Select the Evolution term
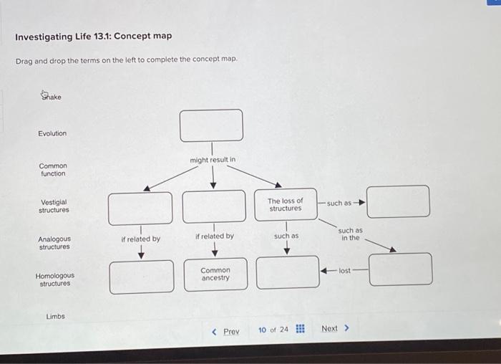(52, 133)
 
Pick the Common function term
(53, 169)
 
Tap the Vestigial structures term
(54, 206)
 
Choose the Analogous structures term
(54, 243)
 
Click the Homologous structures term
(54, 279)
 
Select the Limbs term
(55, 316)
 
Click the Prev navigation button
(226, 331)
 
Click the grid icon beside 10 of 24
(300, 330)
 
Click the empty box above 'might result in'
(211, 125)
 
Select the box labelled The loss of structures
(286, 204)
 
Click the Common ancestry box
(215, 274)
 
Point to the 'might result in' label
(213, 159)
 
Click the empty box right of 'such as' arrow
(399, 201)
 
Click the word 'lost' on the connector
(344, 271)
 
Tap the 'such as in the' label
(350, 234)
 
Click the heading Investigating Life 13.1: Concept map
(93, 36)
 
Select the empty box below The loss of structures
(288, 273)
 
